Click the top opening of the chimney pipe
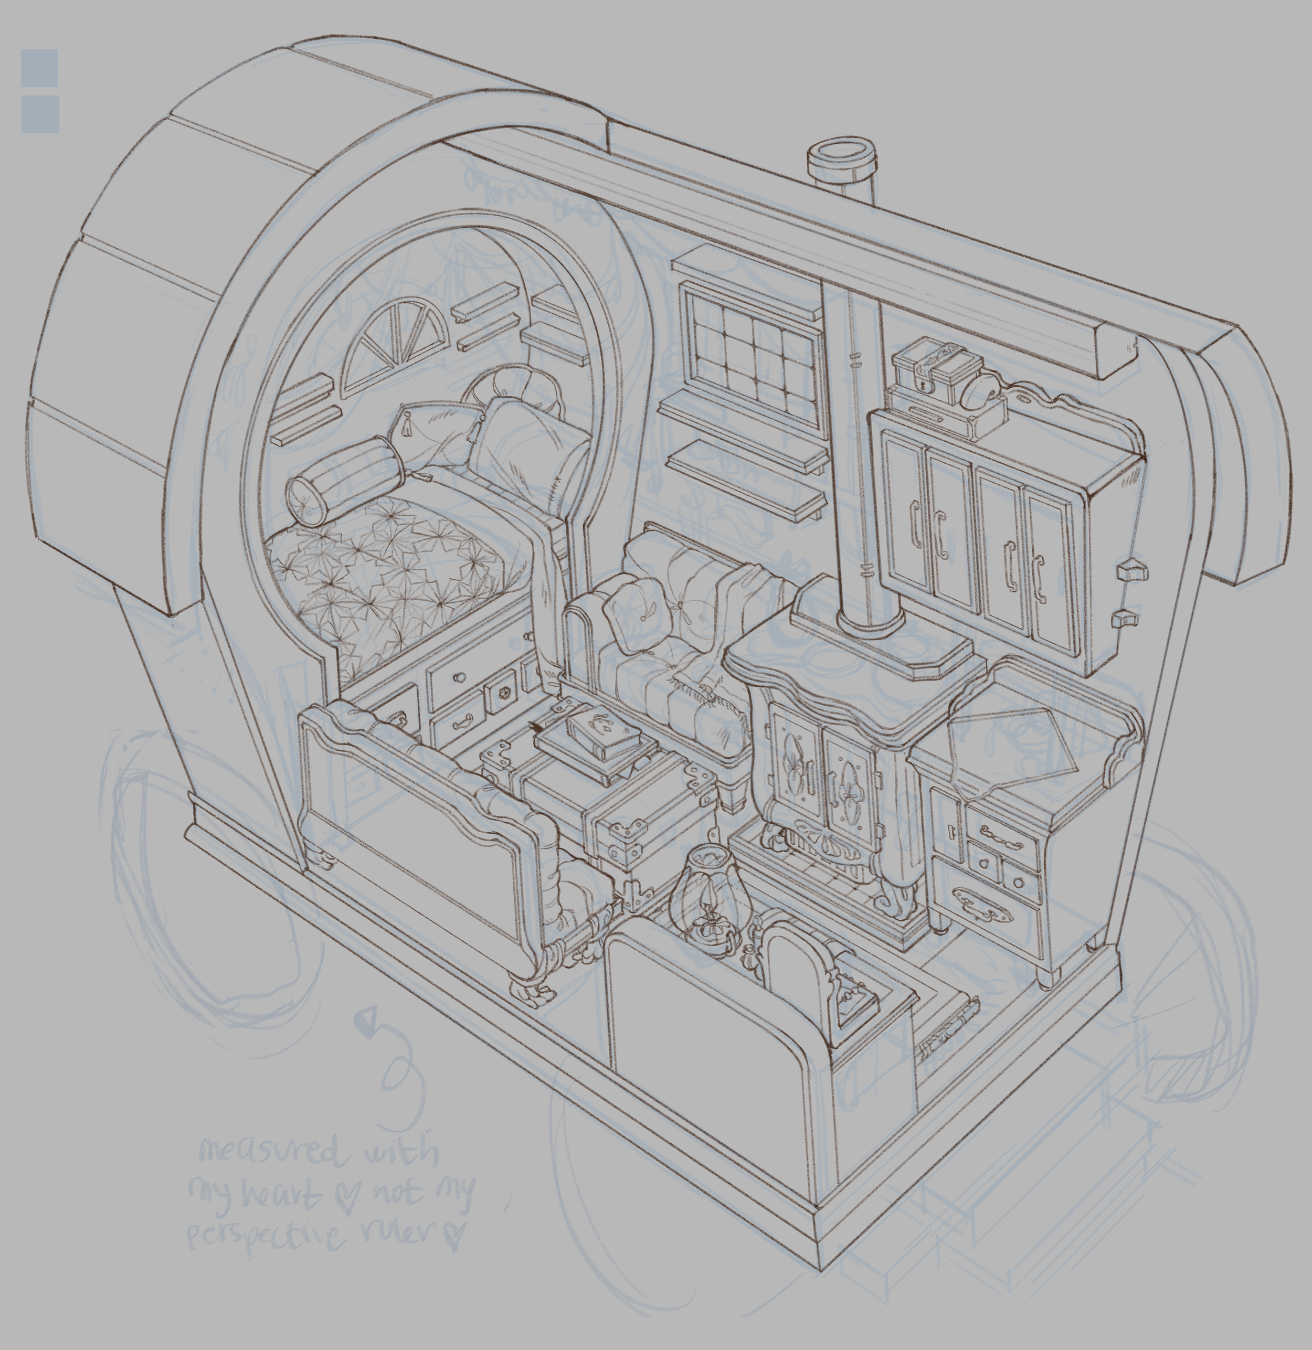841,152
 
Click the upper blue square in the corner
39,68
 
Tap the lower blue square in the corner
40,114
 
